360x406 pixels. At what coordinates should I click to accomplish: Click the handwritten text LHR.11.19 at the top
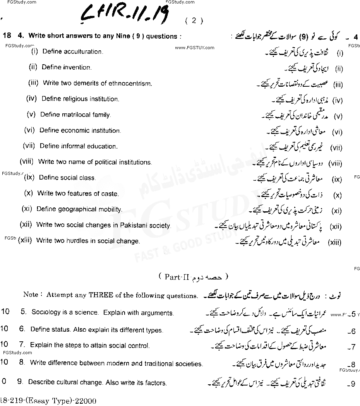(x=126, y=16)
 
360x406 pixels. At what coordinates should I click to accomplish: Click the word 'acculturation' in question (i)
(x=84, y=51)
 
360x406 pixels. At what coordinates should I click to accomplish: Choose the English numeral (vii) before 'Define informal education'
(x=29, y=146)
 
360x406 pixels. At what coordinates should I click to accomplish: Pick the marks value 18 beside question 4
(x=6, y=36)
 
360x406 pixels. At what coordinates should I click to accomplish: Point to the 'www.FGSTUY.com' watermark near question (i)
(x=194, y=48)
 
